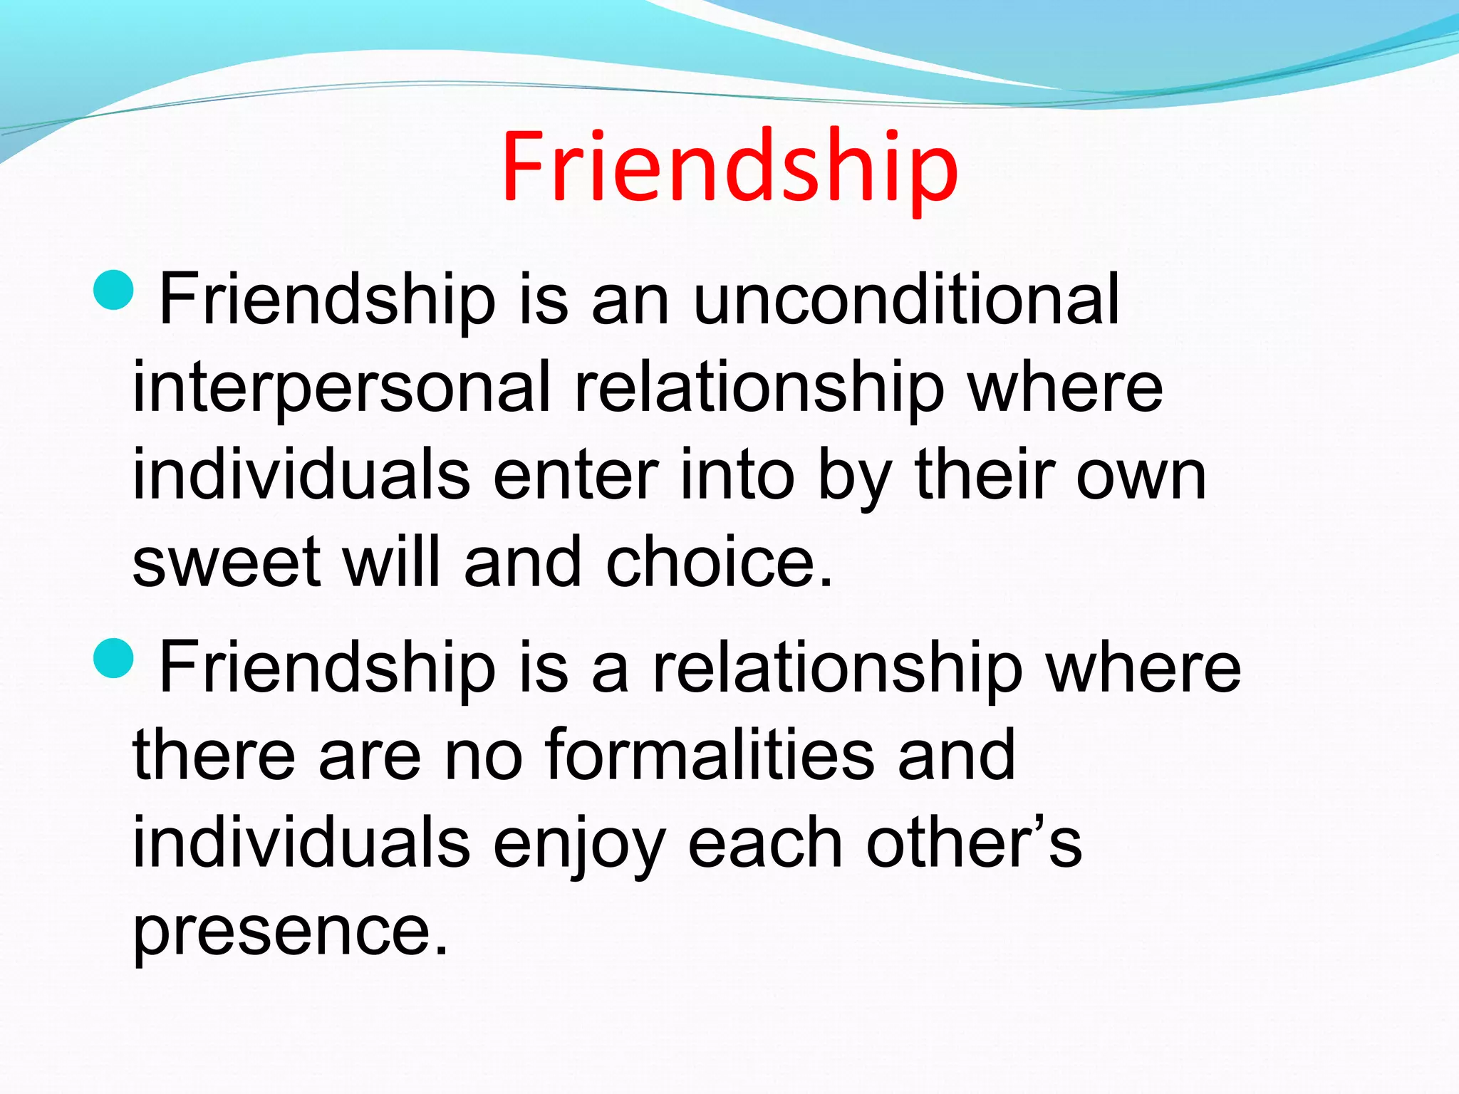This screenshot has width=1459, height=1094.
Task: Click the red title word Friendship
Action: click(729, 168)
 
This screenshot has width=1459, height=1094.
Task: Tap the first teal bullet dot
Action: click(113, 291)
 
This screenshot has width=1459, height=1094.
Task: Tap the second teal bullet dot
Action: click(113, 659)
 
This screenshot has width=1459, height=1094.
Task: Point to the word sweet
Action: click(227, 563)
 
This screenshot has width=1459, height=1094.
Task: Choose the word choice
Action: click(718, 563)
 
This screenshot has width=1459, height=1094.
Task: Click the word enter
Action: click(576, 476)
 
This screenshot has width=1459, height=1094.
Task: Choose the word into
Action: click(737, 474)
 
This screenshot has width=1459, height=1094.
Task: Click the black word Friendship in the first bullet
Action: click(328, 301)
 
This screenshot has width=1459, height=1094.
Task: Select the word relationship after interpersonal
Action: click(759, 388)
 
